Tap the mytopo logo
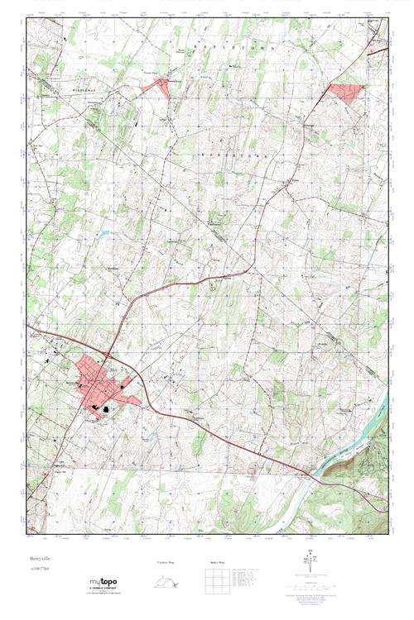pyautogui.click(x=104, y=582)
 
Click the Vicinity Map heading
pyautogui.click(x=164, y=563)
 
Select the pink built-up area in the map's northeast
pyautogui.click(x=348, y=93)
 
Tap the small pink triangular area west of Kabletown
pyautogui.click(x=161, y=87)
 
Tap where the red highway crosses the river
pyautogui.click(x=312, y=475)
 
